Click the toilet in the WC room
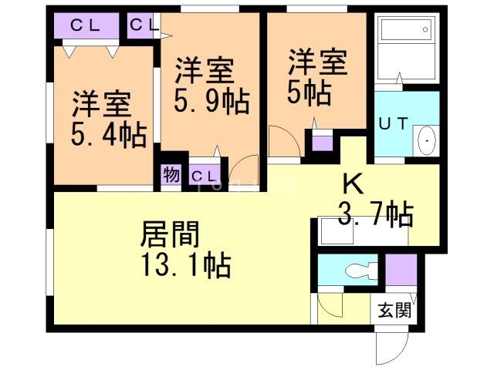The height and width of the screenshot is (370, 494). (361, 271)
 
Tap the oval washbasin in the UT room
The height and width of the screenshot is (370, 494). (427, 140)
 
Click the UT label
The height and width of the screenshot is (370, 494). (394, 123)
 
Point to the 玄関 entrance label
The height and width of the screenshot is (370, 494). (394, 310)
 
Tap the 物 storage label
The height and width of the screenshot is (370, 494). (171, 175)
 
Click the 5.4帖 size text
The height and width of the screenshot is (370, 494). (109, 135)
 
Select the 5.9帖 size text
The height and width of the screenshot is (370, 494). (212, 100)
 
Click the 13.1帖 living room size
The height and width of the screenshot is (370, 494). (186, 265)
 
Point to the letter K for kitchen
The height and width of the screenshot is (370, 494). (354, 184)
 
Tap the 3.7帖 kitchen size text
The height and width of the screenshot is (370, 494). (376, 214)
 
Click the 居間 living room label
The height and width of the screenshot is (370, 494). (170, 234)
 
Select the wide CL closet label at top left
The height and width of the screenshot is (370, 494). (85, 25)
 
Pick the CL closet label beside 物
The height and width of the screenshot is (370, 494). (205, 177)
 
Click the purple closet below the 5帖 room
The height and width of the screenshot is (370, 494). (323, 143)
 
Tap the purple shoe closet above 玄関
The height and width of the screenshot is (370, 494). (401, 270)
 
